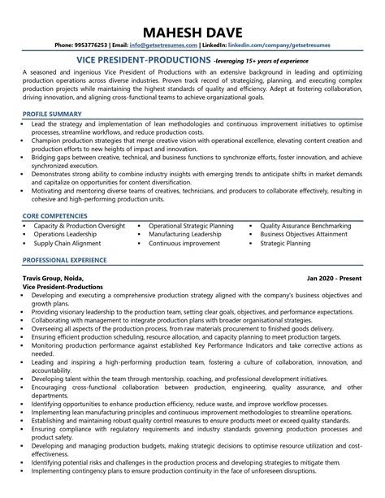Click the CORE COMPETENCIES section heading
pos(56,214)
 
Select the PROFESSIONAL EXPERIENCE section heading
pos(64,260)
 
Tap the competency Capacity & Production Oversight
pos(79,225)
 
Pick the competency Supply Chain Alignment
pos(67,243)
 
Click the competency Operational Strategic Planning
pos(191,225)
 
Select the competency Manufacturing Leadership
pos(184,234)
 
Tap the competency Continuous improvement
pos(184,243)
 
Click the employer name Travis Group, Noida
pos(51,279)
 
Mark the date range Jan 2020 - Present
pos(335,279)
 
